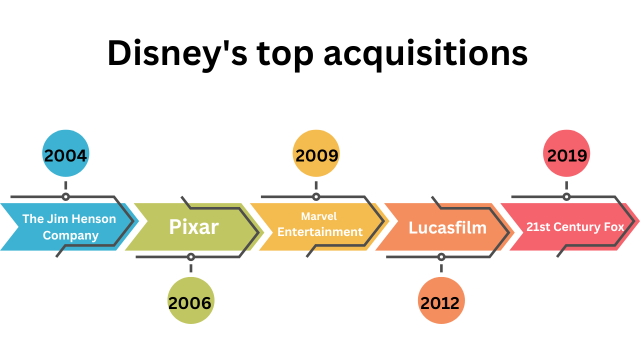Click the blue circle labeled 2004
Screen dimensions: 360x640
pyautogui.click(x=65, y=153)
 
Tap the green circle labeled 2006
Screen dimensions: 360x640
pyautogui.click(x=190, y=300)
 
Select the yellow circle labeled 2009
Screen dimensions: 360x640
pyautogui.click(x=316, y=153)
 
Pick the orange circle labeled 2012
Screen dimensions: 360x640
pyautogui.click(x=441, y=300)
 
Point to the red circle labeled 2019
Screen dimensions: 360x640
pyautogui.click(x=566, y=153)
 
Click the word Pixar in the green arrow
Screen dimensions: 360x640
pyautogui.click(x=193, y=227)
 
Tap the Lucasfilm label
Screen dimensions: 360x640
pyautogui.click(x=447, y=227)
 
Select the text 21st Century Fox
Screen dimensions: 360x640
pyautogui.click(x=575, y=227)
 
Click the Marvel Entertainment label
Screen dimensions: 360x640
pyautogui.click(x=319, y=224)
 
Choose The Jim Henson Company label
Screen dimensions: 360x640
pyautogui.click(x=69, y=227)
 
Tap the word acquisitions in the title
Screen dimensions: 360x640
pyautogui.click(x=425, y=53)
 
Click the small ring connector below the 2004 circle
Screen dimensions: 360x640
pyautogui.click(x=65, y=196)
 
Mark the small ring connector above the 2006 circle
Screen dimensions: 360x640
pyautogui.click(x=190, y=257)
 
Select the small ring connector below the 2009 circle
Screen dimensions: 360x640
pyautogui.click(x=316, y=196)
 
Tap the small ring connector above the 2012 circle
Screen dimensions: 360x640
pyautogui.click(x=441, y=257)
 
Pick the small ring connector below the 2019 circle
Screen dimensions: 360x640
pyautogui.click(x=566, y=196)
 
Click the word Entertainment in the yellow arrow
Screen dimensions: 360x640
pyautogui.click(x=320, y=232)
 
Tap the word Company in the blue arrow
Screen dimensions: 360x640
pyautogui.click(x=70, y=235)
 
